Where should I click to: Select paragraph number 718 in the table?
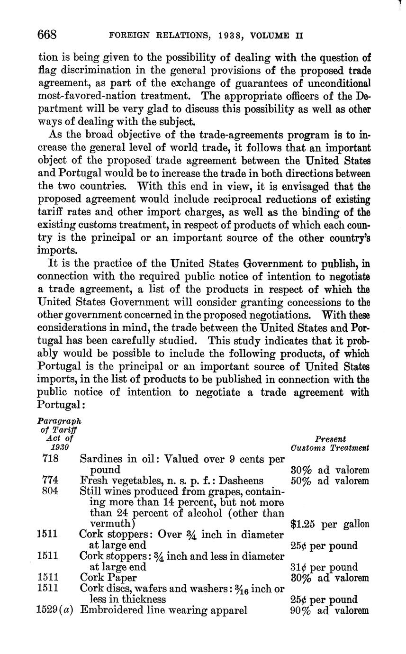50,459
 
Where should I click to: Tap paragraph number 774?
50,480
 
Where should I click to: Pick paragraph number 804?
50,491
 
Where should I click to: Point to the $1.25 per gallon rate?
329,524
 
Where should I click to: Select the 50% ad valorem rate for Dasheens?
329,481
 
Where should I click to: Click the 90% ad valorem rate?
329,610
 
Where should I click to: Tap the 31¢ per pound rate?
323,567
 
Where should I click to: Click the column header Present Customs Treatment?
330,444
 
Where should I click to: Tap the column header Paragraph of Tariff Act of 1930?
59,434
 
